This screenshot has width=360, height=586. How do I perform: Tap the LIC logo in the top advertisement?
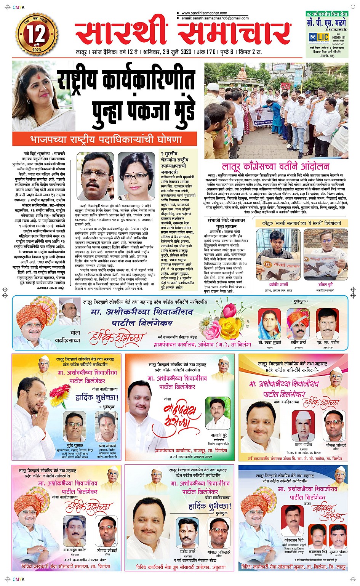point(319,37)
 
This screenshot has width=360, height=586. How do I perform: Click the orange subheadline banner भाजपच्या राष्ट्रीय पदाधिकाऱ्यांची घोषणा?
point(105,139)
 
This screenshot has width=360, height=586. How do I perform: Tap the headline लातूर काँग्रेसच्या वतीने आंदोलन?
point(275,167)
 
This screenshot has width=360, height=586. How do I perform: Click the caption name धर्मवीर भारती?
point(278,284)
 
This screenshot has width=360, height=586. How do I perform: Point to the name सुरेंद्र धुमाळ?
point(75,445)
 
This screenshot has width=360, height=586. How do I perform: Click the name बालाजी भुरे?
point(219,435)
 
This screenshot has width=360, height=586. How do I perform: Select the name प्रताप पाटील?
point(303,445)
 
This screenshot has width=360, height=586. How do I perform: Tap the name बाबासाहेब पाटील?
point(75,550)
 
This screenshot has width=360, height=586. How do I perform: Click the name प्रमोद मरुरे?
point(187,551)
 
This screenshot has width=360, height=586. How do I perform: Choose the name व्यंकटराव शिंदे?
point(294,540)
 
